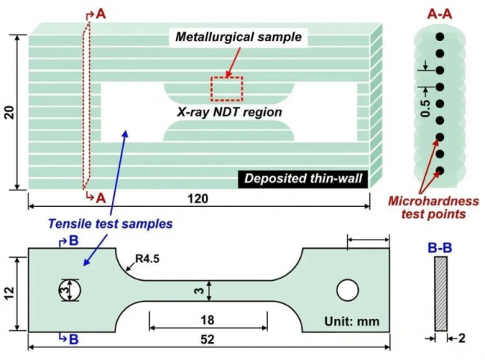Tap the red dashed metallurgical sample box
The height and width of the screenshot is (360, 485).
tap(226, 88)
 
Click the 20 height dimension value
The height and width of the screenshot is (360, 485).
tap(10, 112)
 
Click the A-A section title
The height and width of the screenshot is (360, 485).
tap(442, 13)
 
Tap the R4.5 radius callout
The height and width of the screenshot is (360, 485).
tap(147, 261)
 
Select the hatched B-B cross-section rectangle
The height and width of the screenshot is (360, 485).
tap(440, 294)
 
